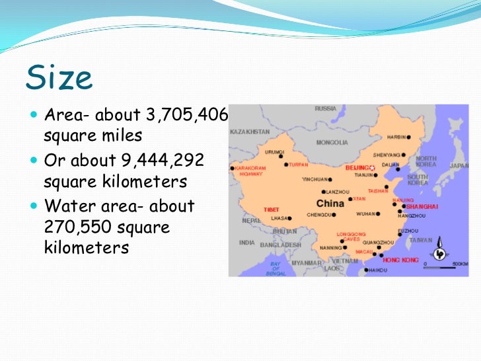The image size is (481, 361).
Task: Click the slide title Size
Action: [59, 77]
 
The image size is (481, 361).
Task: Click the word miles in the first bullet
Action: [118, 137]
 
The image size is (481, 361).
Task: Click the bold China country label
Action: [330, 203]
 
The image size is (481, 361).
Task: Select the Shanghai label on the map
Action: [422, 206]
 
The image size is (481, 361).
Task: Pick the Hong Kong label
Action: [401, 260]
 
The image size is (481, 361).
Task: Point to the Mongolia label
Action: [332, 141]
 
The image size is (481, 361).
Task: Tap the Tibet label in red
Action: [272, 209]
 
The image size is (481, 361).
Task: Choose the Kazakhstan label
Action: [249, 131]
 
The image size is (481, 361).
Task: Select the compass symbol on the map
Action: [439, 252]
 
